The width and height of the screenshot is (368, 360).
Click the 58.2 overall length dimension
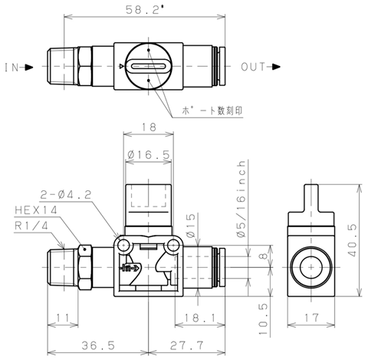(x=145, y=10)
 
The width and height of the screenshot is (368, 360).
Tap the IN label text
(x=11, y=68)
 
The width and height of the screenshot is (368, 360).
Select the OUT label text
(x=253, y=67)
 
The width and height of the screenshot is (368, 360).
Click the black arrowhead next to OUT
(x=276, y=67)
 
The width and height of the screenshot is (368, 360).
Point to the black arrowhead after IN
(x=29, y=68)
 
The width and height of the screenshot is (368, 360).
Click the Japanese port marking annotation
(x=212, y=111)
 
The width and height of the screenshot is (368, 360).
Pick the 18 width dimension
(x=149, y=127)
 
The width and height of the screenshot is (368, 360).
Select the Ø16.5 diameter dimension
(x=149, y=154)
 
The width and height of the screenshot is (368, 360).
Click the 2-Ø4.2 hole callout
(x=66, y=195)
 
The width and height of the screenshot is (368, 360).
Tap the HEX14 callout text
(x=36, y=210)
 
